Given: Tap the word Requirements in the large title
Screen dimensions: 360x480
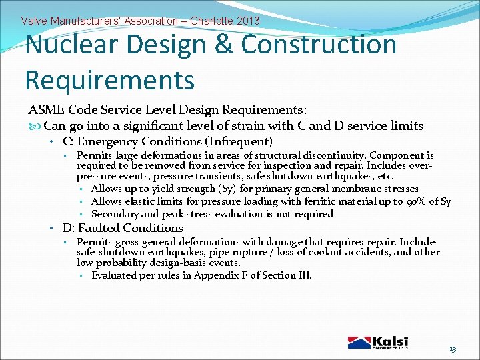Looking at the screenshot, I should pos(109,80).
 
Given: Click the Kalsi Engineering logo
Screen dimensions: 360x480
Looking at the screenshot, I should pos(377,341).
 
